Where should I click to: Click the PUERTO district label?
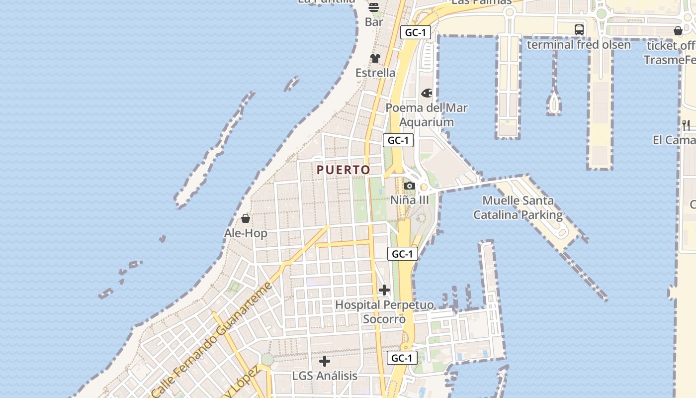[x=344, y=170]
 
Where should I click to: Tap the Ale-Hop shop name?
[x=246, y=233]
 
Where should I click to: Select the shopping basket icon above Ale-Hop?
[x=246, y=218]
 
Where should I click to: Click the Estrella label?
[x=375, y=73]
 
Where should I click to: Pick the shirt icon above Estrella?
[x=375, y=58]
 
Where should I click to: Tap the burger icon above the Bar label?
[x=374, y=7]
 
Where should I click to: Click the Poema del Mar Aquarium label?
[x=427, y=115]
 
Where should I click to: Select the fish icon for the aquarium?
[x=427, y=93]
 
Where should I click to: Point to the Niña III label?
[x=409, y=200]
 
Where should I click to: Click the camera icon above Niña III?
[x=410, y=186]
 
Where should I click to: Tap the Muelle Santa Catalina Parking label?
[x=518, y=208]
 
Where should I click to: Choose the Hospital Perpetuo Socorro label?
[x=384, y=312]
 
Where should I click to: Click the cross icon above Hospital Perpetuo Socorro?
[x=384, y=290]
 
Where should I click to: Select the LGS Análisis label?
[x=325, y=376]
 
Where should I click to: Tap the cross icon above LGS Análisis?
[x=325, y=361]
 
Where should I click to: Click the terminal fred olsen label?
[x=579, y=44]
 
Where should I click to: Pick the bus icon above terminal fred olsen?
[x=579, y=29]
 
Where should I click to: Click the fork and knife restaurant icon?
[x=686, y=125]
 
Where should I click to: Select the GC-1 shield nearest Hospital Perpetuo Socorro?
[x=402, y=254]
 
